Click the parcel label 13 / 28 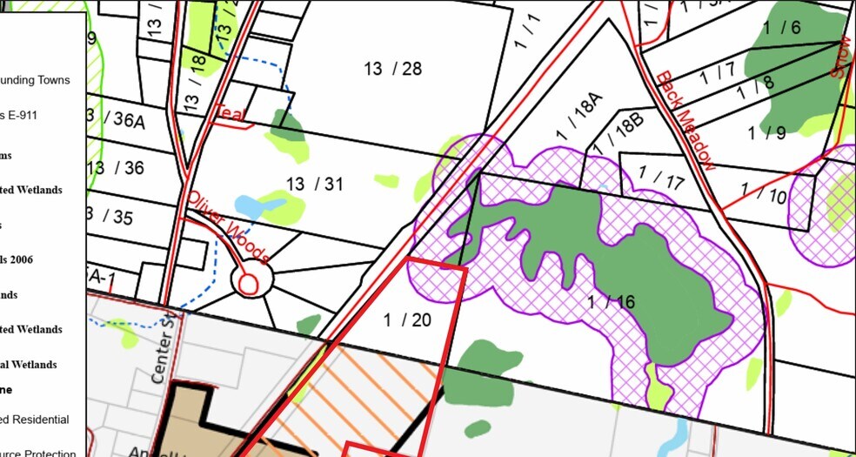click(x=392, y=69)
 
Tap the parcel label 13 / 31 click(x=315, y=183)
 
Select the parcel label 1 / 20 click(x=407, y=319)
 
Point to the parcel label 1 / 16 click(x=611, y=302)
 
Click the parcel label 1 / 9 click(x=766, y=133)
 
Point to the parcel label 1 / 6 click(x=781, y=27)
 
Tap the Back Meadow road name click(x=686, y=120)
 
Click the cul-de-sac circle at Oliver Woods click(x=248, y=282)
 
